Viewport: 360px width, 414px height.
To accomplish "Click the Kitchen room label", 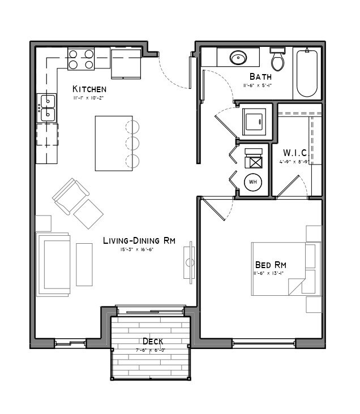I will [x=89, y=89].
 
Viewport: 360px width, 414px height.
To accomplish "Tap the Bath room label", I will [x=260, y=76].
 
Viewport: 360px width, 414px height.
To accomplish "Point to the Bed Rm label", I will [x=271, y=265].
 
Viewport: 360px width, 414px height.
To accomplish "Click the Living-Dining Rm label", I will [x=139, y=240].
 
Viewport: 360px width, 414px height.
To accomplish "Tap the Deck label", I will [x=153, y=342].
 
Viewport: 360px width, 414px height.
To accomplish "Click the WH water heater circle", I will [x=253, y=182].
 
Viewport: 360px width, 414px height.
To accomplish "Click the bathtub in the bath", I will [x=307, y=74].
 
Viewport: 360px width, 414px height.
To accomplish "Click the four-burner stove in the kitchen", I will [x=81, y=59].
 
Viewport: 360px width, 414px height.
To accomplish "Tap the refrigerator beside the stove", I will [x=126, y=62].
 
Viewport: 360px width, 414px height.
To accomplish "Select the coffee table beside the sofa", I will [x=84, y=264].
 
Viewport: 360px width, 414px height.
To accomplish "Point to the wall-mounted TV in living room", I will [x=191, y=263].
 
